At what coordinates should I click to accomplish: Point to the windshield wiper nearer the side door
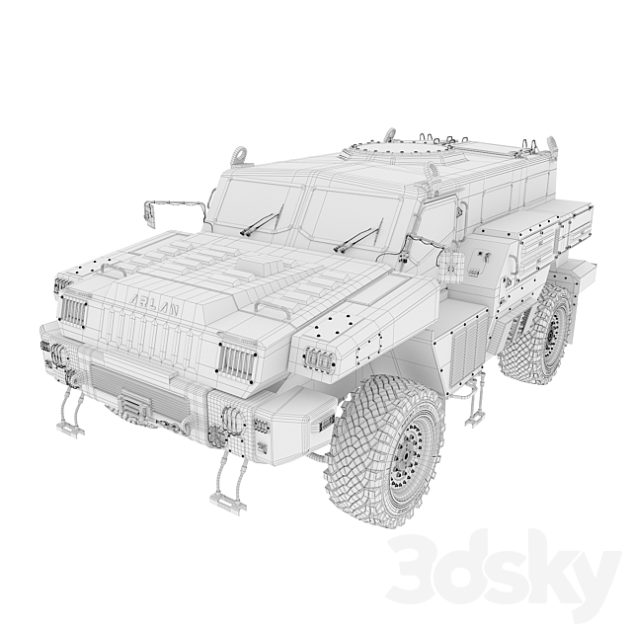357,238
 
